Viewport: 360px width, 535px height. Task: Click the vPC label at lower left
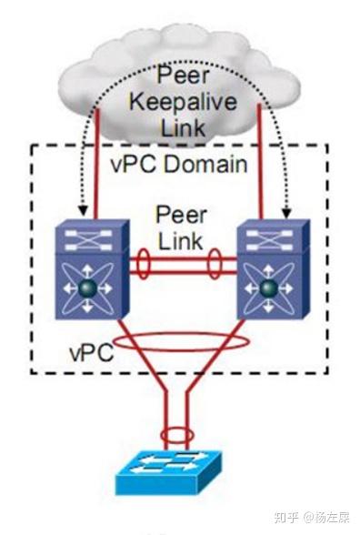click(x=90, y=350)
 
